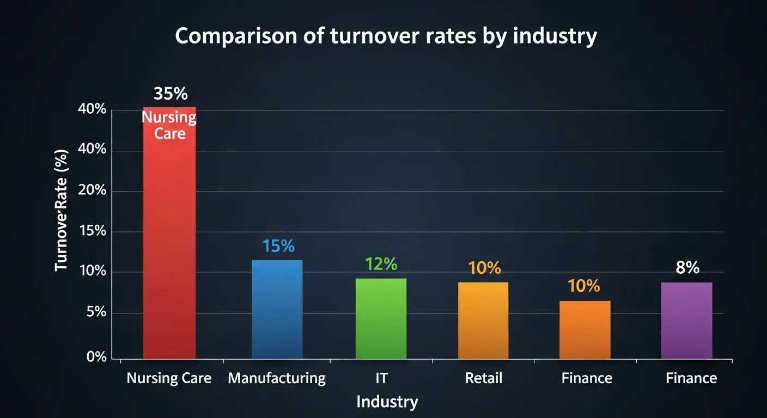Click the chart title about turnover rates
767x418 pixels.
point(386,36)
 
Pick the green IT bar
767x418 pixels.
point(381,318)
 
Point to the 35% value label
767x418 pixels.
point(171,94)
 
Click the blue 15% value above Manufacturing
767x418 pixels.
point(278,246)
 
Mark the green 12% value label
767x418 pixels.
point(381,264)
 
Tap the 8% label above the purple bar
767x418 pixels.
point(687,268)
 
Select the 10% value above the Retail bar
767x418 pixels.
point(484,268)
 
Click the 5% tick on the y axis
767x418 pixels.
point(96,312)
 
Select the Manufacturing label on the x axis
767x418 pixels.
point(277,378)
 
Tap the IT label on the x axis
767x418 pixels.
point(381,378)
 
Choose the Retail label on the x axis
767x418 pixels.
point(484,378)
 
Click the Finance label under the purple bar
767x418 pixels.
point(691,378)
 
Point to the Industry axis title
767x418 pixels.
point(387,402)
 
